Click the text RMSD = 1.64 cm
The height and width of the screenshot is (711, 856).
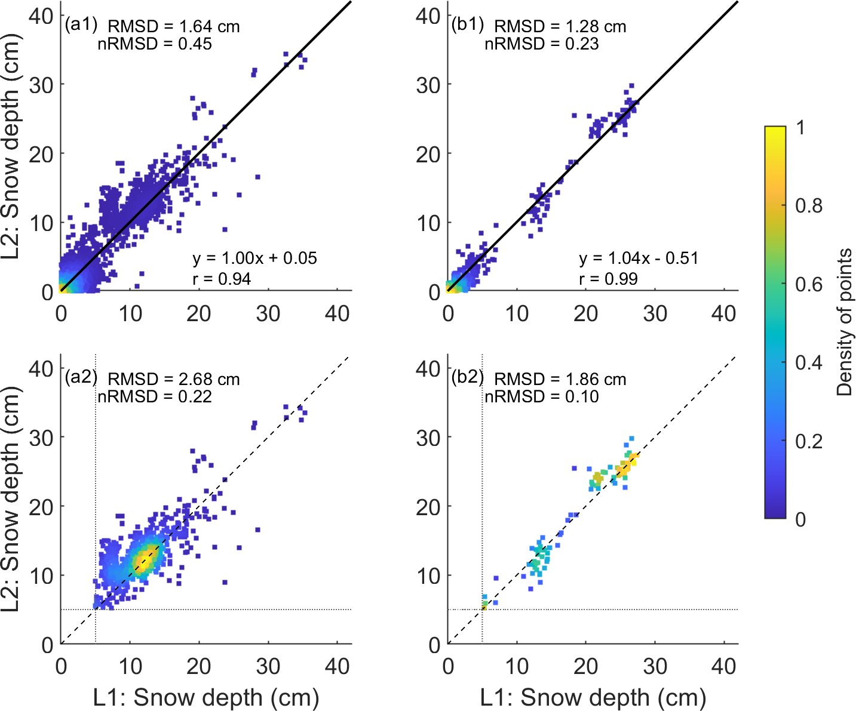173,27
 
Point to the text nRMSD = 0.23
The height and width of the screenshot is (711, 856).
541,44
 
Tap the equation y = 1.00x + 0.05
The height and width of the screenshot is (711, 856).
254,258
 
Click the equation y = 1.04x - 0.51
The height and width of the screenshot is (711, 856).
639,258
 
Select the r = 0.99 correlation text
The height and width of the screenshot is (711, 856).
608,279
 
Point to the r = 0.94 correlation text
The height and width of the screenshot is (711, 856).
221,279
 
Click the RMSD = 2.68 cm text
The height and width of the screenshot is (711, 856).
173,380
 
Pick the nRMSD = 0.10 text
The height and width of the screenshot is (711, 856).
541,397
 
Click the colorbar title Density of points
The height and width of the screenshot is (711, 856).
844,322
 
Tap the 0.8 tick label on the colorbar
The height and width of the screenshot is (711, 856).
809,206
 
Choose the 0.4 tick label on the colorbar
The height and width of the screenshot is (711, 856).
809,363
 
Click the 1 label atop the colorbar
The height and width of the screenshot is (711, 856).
800,128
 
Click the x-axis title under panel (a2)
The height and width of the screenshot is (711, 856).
206,697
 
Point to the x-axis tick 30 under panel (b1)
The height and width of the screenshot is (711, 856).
655,313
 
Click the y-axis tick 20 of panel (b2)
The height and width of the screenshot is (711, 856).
428,507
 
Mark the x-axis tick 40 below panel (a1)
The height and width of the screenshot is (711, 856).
337,313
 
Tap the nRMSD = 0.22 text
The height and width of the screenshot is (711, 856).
155,397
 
